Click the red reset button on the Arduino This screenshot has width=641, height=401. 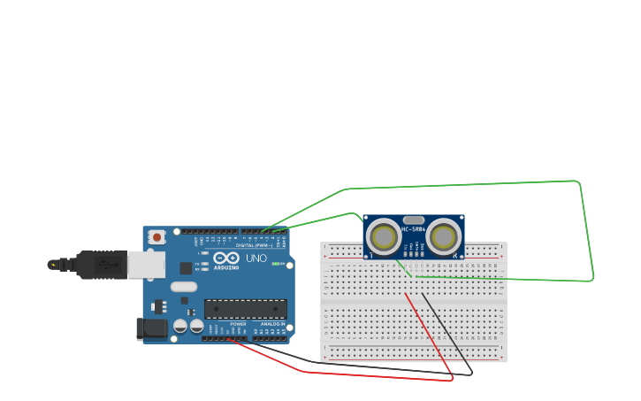156,236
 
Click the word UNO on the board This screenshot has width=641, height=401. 256,258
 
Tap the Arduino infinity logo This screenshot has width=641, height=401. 226,258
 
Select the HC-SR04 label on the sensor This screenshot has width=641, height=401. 414,229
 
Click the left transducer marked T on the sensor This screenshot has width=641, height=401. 385,236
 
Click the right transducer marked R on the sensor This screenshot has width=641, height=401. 443,236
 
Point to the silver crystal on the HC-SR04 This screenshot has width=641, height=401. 414,220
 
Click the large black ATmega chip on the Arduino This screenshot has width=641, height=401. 246,309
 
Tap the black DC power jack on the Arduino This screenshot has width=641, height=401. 152,328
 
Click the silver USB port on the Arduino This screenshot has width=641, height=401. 146,264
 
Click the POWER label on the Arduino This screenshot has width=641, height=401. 239,324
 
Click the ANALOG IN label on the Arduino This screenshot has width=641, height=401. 272,324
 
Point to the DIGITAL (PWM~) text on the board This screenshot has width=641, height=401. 255,245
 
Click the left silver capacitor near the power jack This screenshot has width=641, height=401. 180,326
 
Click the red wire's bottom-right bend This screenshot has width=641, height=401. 452,378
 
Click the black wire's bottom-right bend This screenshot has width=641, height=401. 470,372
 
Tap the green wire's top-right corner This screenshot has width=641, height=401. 578,182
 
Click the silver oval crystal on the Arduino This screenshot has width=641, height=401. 184,286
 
